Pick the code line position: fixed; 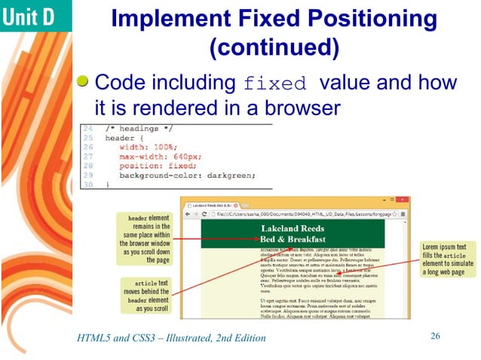161,165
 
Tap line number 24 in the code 87,129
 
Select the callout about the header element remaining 144,238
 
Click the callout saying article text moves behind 144,294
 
